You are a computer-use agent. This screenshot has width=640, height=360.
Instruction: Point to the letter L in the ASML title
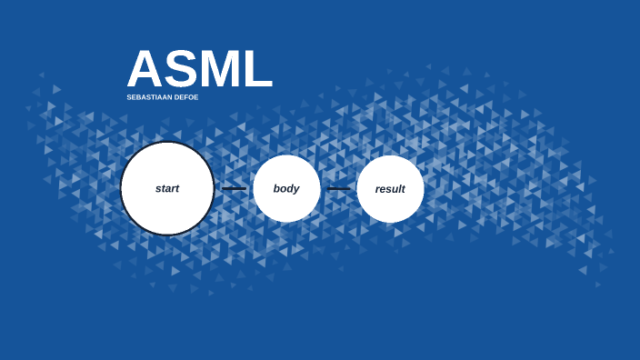coord(258,70)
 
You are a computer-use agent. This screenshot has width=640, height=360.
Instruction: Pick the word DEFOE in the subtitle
coord(186,97)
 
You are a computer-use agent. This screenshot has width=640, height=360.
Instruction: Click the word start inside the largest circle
coord(167,189)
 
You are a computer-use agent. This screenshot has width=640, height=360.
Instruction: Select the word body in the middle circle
coord(286,189)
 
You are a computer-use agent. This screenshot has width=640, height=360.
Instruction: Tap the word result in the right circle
coord(390,189)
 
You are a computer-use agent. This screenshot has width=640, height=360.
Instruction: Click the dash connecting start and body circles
coord(234,189)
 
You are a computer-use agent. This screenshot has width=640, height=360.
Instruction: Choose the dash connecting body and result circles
coord(338,189)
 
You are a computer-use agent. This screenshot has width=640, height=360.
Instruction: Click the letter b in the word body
coord(276,188)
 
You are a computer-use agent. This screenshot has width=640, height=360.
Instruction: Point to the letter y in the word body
coord(295,190)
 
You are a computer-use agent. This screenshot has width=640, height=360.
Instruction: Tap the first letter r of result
coord(377,190)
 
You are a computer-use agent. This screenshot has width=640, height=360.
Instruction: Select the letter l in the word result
coord(398,188)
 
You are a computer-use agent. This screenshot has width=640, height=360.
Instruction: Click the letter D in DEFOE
coord(177,97)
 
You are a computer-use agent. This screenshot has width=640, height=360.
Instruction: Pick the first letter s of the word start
coord(157,190)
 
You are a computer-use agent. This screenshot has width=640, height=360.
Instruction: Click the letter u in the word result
coord(394,190)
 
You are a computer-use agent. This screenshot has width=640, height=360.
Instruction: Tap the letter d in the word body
coord(289,188)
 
